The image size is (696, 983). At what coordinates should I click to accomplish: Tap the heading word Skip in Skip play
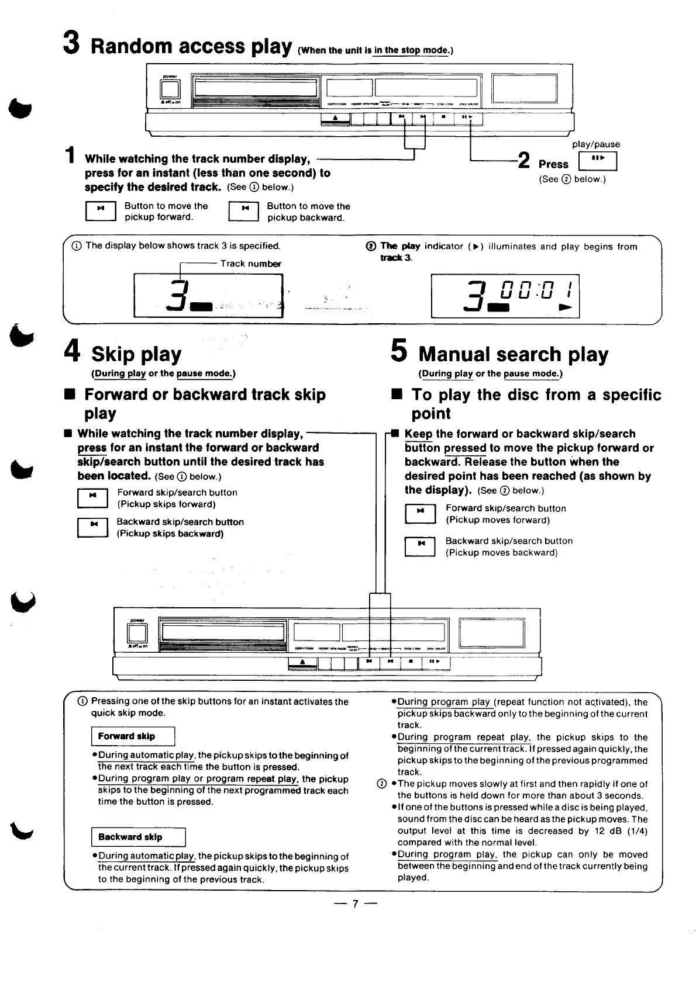[x=113, y=354]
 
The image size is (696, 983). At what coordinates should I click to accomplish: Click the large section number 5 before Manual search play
[x=398, y=351]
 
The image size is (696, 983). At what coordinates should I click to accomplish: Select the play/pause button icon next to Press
[x=597, y=161]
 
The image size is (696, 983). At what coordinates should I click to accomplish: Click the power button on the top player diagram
[x=170, y=89]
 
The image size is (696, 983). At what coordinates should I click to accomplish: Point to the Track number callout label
[x=250, y=264]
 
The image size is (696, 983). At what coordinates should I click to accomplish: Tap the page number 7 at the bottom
[x=354, y=904]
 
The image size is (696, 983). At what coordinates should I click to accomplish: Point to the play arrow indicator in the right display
[x=565, y=307]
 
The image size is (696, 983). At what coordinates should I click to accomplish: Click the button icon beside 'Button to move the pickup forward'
[x=101, y=210]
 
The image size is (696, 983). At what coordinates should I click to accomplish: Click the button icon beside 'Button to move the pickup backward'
[x=243, y=210]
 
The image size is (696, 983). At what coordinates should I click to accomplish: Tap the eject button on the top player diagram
[x=335, y=119]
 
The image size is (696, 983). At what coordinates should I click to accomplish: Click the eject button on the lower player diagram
[x=302, y=662]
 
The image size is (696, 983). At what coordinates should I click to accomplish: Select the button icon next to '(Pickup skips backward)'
[x=92, y=527]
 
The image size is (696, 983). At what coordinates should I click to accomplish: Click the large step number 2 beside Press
[x=524, y=160]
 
